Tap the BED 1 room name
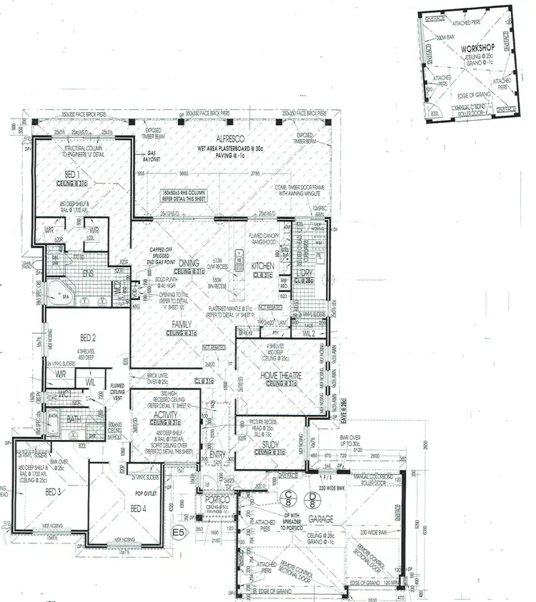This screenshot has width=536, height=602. pyautogui.click(x=72, y=174)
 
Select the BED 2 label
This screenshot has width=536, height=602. pyautogui.click(x=88, y=337)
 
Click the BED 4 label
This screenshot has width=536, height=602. pyautogui.click(x=139, y=508)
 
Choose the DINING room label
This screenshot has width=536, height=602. pyautogui.click(x=189, y=264)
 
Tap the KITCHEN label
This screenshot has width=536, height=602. pyautogui.click(x=262, y=266)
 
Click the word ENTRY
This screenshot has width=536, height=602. pyautogui.click(x=217, y=453)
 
